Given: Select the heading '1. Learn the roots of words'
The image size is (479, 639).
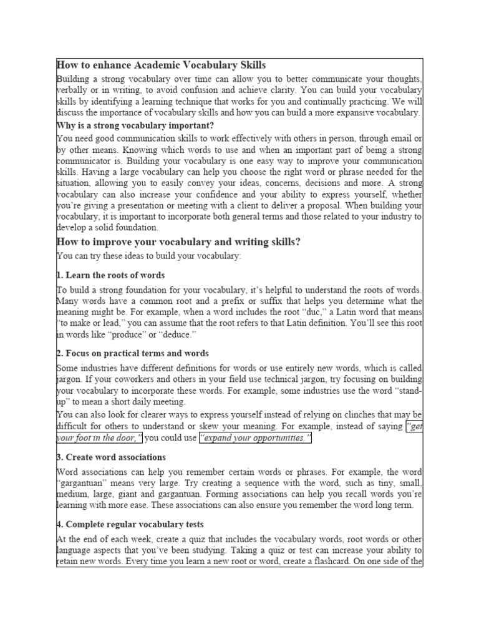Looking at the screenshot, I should tap(111, 275).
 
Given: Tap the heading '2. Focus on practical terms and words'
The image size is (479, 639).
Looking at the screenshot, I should tap(133, 353).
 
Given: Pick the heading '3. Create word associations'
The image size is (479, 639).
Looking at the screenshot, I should tap(111, 457).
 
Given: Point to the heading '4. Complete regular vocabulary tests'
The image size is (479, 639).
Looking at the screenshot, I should tap(130, 524).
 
